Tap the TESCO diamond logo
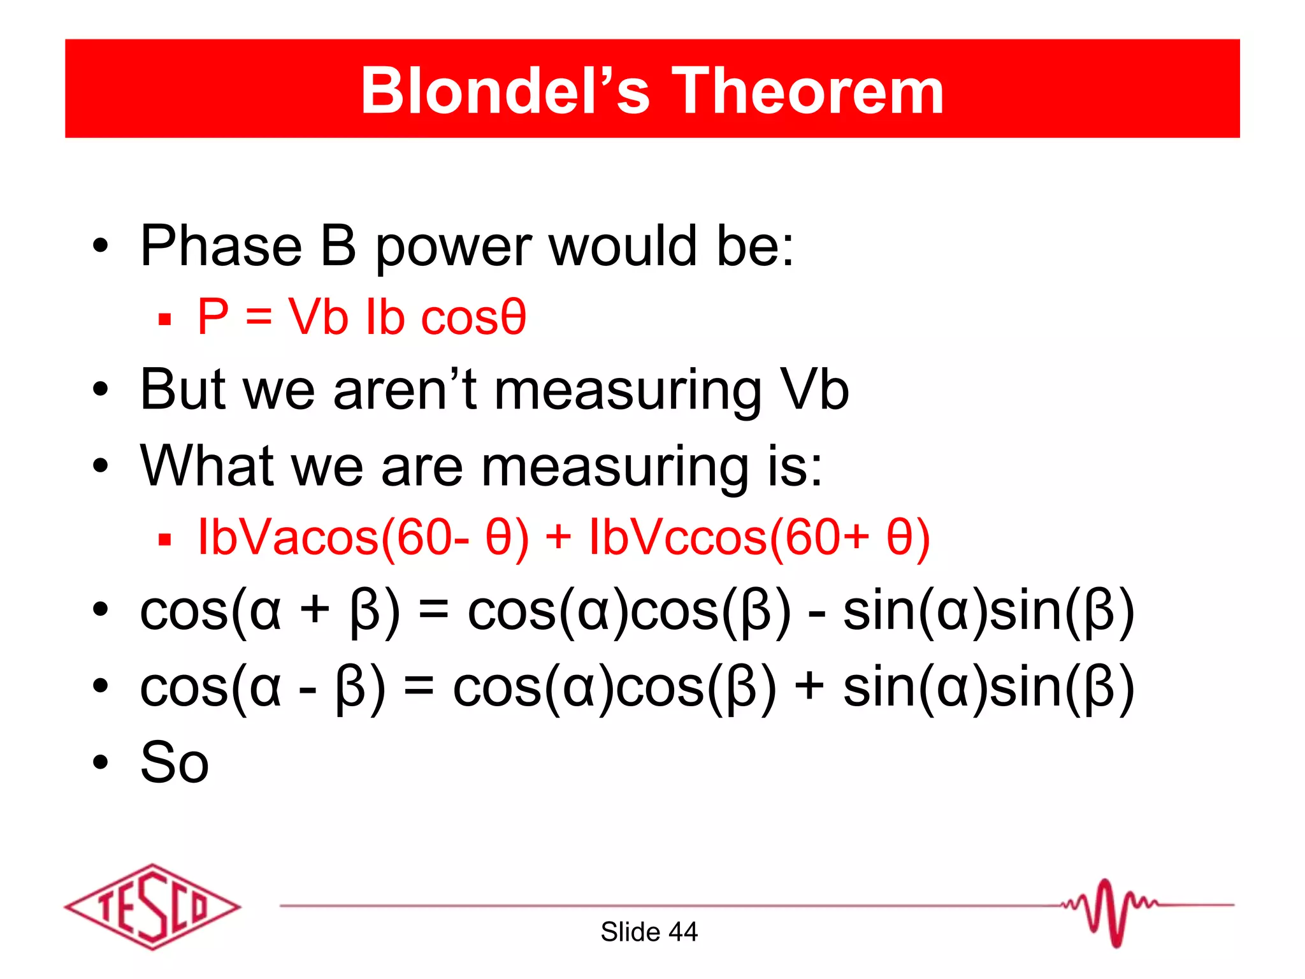coord(152,906)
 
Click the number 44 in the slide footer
coord(683,932)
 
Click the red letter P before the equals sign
coord(213,317)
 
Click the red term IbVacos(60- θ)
coord(363,538)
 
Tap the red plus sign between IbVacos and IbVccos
coord(558,537)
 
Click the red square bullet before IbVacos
coord(165,540)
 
